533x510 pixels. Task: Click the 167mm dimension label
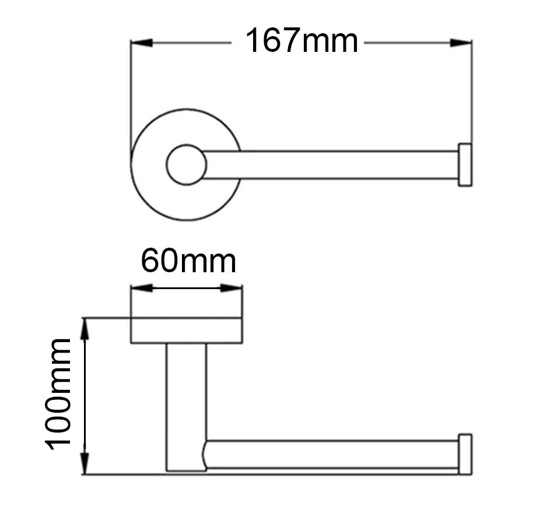point(301,42)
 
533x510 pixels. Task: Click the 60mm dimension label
point(188,262)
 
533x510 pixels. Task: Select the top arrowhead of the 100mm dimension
point(86,329)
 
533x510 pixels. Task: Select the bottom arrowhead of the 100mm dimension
point(86,463)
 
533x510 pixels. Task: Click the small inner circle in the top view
point(186,164)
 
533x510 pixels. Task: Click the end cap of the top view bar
point(465,164)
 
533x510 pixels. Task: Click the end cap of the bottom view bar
point(465,453)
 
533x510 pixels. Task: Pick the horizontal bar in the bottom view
point(332,454)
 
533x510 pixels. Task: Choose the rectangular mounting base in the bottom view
point(186,330)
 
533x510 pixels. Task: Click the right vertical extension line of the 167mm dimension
point(471,87)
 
